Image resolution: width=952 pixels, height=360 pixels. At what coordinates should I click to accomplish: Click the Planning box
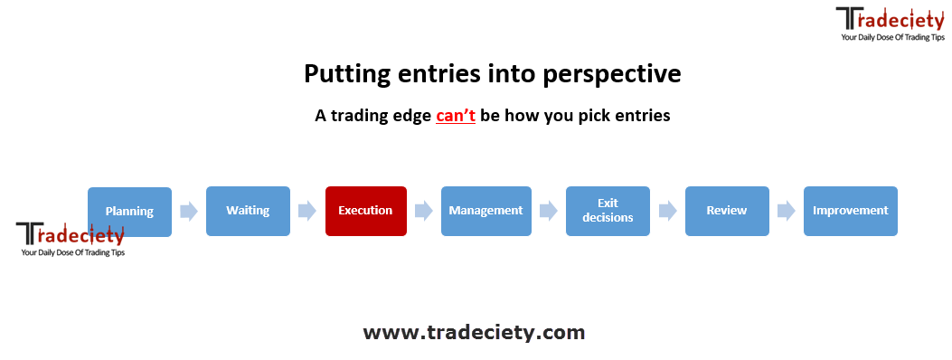(x=129, y=212)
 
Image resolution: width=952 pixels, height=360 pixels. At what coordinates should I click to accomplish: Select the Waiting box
(x=248, y=211)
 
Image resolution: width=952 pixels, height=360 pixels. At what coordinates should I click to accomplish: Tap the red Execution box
(x=365, y=211)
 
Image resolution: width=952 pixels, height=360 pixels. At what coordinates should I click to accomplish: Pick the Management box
(x=485, y=211)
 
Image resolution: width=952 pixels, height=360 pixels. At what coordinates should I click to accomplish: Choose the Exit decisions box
(x=608, y=211)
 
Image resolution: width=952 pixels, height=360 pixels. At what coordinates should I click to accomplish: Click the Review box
(x=727, y=211)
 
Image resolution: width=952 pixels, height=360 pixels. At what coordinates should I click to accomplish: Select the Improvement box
(x=850, y=211)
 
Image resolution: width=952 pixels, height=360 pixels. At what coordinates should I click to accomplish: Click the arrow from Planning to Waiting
(x=189, y=212)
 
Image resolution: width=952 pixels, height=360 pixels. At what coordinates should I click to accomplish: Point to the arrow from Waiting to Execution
(x=307, y=211)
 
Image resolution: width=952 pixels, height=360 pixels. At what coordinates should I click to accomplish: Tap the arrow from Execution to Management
(x=424, y=211)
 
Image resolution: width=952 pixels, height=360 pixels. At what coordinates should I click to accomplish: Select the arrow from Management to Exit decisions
(x=549, y=211)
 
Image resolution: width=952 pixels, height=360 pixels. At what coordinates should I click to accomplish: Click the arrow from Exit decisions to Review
(x=668, y=211)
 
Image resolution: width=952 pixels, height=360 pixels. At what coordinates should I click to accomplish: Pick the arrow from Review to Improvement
(x=787, y=211)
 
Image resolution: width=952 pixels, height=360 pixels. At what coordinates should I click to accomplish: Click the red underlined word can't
(x=456, y=116)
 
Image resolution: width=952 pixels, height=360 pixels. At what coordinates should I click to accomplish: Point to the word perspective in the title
(x=612, y=75)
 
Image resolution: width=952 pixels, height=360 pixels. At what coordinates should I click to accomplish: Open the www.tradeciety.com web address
(x=474, y=332)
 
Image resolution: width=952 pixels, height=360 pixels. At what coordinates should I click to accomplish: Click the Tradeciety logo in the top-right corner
(x=891, y=24)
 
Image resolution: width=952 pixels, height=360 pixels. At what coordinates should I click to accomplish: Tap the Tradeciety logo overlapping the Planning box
(x=71, y=239)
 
